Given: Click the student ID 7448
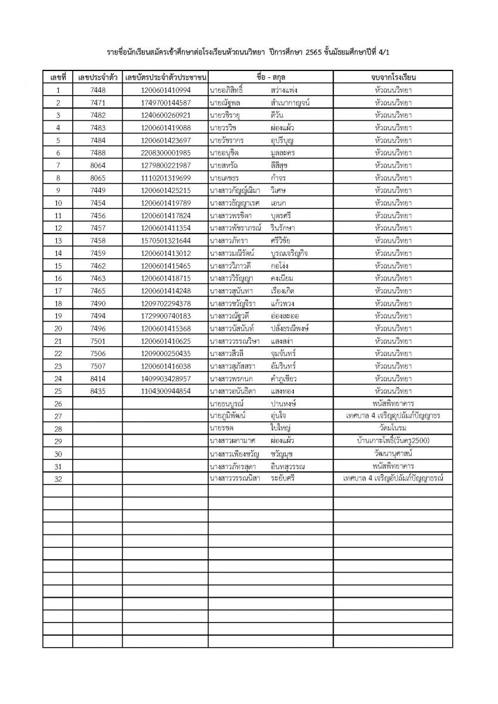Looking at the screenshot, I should [98, 90].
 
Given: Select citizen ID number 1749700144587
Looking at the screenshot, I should [166, 103].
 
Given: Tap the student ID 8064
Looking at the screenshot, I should [98, 165].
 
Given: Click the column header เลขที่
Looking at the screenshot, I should [57, 77].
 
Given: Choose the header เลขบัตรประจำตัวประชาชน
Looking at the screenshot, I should [166, 77].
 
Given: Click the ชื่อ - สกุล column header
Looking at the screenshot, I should [270, 77].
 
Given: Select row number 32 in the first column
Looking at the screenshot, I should [57, 479].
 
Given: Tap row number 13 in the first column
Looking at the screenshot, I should [57, 241].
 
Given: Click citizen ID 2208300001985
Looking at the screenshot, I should [166, 153].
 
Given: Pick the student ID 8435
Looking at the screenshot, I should [98, 391].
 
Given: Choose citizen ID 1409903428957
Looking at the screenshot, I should [166, 378].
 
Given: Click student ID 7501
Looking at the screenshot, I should [98, 341].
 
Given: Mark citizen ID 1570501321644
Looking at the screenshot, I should [166, 241].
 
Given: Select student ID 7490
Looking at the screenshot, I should [98, 303].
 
